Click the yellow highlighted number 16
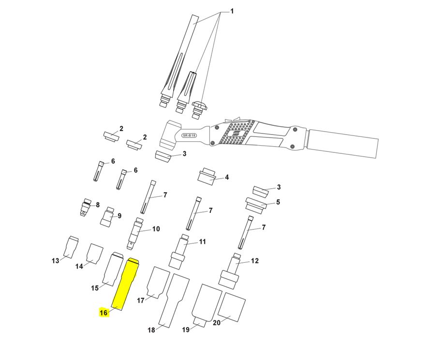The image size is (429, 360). point(104,312)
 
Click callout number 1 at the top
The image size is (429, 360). point(232,12)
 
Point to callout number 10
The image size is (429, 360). point(156,228)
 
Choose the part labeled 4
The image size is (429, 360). point(207,176)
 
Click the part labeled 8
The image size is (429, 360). point(86,207)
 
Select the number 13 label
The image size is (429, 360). point(56,261)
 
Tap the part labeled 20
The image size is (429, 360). point(232,307)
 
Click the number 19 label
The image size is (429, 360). point(186,330)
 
